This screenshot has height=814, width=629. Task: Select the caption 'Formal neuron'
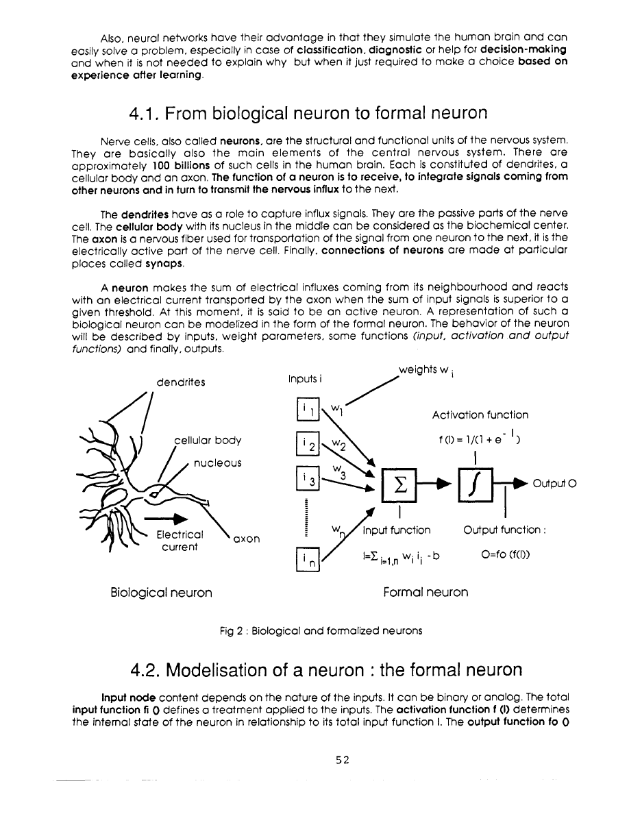426,592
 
